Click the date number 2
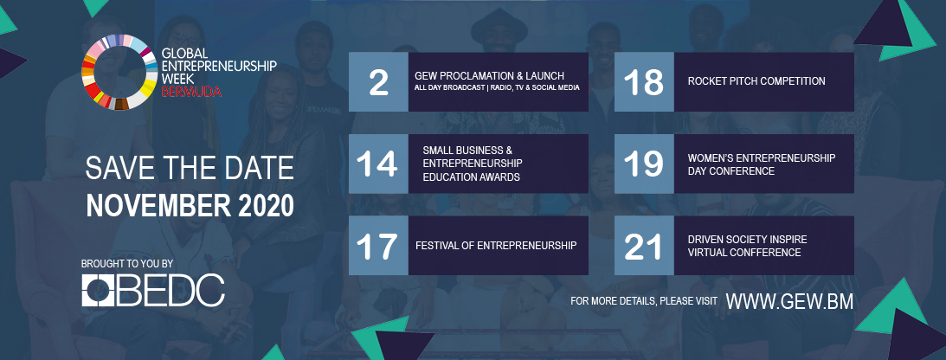pos(378,82)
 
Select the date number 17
pos(377,246)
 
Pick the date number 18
pos(644,82)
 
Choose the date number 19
pos(644,164)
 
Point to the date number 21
pos(644,246)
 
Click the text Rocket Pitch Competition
pos(756,80)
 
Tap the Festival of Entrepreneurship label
pos(496,246)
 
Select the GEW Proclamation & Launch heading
pos(489,76)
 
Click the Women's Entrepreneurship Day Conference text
pos(762,164)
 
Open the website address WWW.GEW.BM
pos(789,301)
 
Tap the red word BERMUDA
pos(191,92)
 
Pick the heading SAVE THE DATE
pos(190,169)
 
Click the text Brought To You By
pos(127,264)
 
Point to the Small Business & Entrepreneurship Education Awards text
pos(473,164)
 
